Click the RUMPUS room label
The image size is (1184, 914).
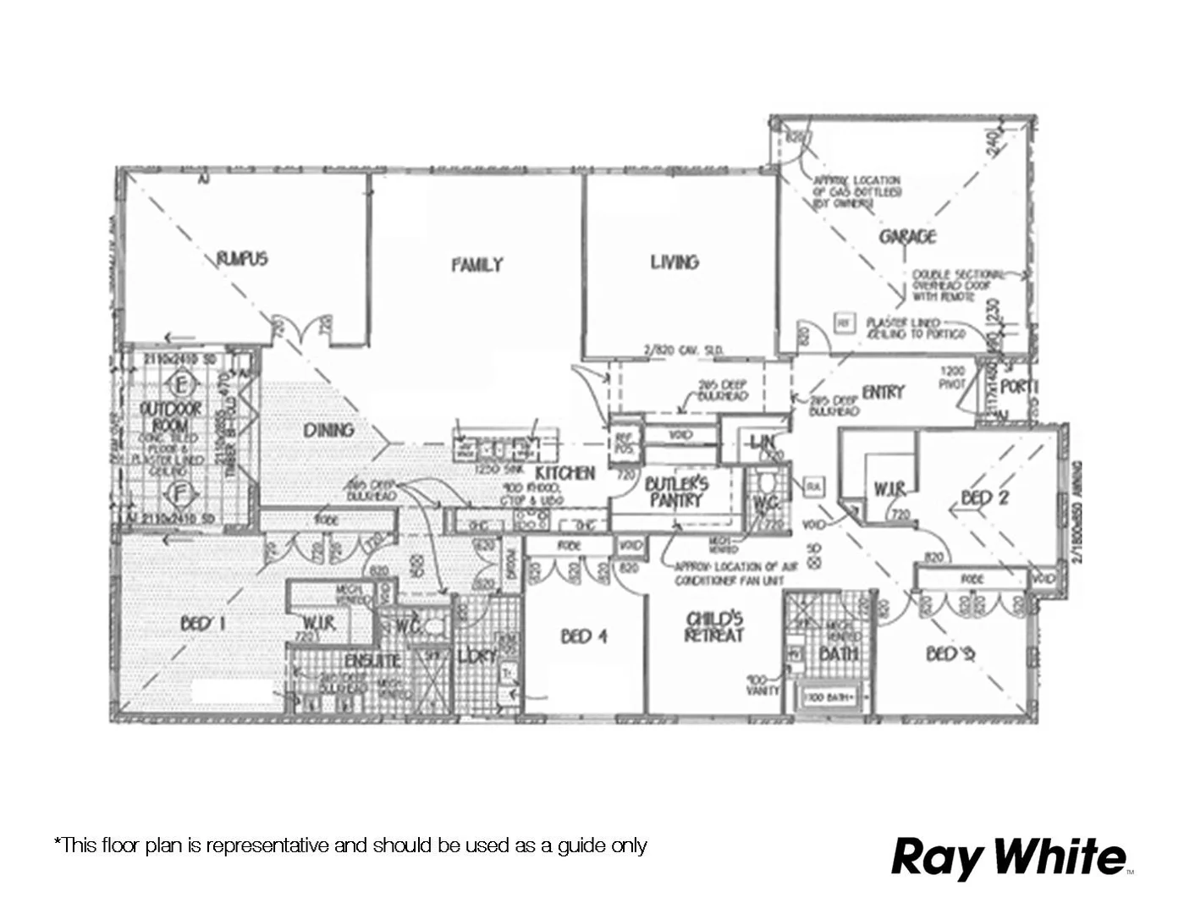pyautogui.click(x=242, y=258)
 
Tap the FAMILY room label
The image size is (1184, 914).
pyautogui.click(x=476, y=265)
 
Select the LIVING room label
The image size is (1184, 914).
pyautogui.click(x=675, y=262)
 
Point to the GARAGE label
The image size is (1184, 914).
pyautogui.click(x=907, y=236)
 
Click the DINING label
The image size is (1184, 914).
pyautogui.click(x=328, y=430)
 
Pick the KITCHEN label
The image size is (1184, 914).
pyautogui.click(x=565, y=473)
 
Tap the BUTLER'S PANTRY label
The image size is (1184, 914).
pyautogui.click(x=676, y=492)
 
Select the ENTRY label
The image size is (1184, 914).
pyautogui.click(x=883, y=392)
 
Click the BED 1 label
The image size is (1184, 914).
pyautogui.click(x=202, y=624)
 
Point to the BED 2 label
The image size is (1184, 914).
pyautogui.click(x=984, y=498)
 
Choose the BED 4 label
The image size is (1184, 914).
pyautogui.click(x=583, y=636)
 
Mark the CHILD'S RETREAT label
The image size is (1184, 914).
pyautogui.click(x=714, y=627)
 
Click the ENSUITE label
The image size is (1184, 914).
pyautogui.click(x=372, y=660)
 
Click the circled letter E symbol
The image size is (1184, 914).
pyautogui.click(x=181, y=385)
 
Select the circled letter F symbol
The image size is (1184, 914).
pyautogui.click(x=179, y=493)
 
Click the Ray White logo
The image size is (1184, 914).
pyautogui.click(x=1011, y=856)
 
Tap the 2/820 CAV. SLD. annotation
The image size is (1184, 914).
pyautogui.click(x=683, y=350)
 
